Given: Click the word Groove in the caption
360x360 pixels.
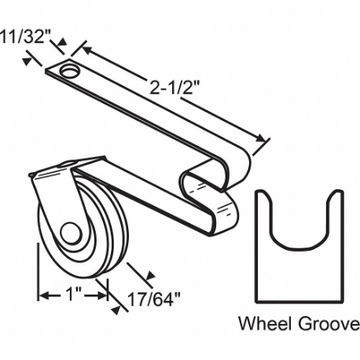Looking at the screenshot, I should point(322,324).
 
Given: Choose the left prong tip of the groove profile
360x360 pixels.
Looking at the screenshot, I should point(265,197).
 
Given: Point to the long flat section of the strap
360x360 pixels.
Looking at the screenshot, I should point(157,118).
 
